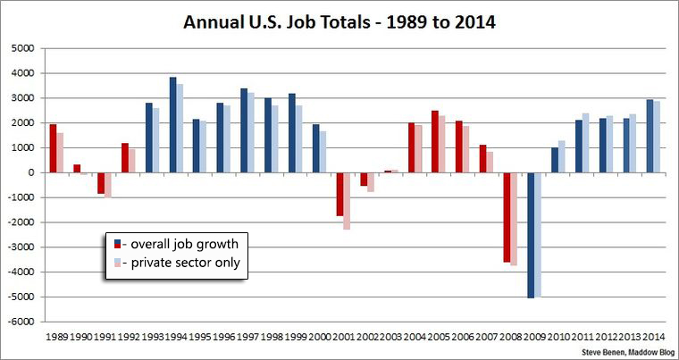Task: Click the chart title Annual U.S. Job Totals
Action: click(339, 21)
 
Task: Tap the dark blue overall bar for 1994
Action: click(173, 125)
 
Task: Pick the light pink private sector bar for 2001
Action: click(346, 201)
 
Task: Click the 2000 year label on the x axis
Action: click(321, 337)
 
